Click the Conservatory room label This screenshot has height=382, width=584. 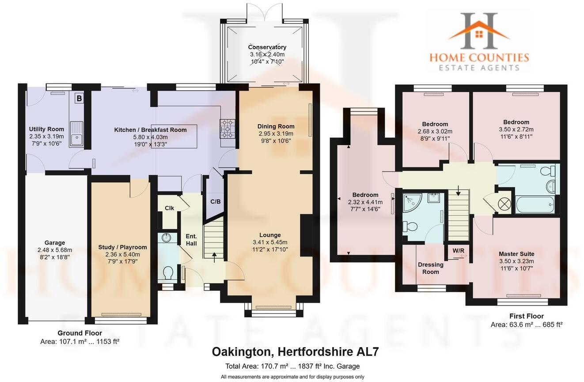click(267, 47)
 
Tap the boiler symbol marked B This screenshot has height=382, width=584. click(79, 98)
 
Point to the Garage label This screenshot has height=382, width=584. click(55, 243)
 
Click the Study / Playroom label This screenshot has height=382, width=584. click(122, 247)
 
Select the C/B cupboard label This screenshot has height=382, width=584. click(216, 201)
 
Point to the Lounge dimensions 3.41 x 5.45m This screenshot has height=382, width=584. click(270, 242)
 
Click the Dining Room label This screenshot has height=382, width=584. click(277, 126)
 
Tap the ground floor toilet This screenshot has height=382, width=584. click(168, 273)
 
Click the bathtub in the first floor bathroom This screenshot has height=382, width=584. click(535, 205)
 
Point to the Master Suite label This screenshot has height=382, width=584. click(516, 254)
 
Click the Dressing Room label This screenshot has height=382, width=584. click(431, 268)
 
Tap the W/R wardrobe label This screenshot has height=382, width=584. click(458, 250)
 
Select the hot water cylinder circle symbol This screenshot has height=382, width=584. click(504, 204)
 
